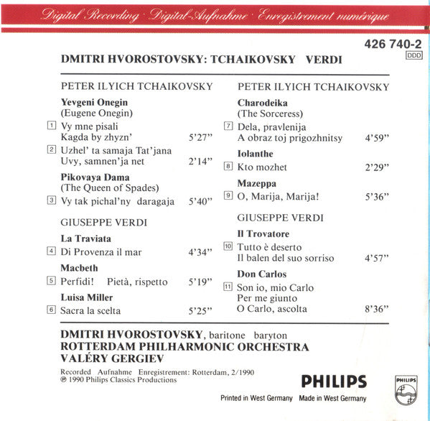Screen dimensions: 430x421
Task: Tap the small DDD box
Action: [414, 55]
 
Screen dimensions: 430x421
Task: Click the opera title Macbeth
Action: [79, 268]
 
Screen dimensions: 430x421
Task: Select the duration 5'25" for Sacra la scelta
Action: [201, 311]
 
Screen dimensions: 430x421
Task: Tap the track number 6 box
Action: [51, 310]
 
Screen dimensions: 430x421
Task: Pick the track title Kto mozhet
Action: [263, 167]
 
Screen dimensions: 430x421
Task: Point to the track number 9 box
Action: [228, 194]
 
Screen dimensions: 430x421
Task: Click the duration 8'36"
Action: [378, 309]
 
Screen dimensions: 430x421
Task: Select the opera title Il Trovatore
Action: [264, 233]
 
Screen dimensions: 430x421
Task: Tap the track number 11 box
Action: [228, 286]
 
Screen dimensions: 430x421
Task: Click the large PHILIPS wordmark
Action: [332, 381]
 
